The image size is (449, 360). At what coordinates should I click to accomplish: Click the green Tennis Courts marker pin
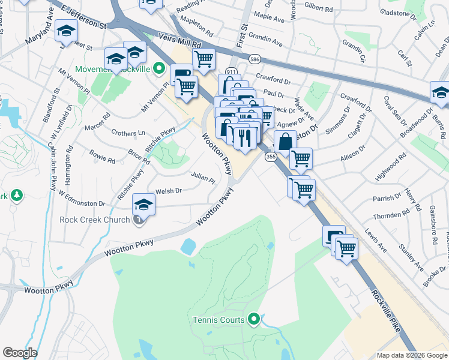pyautogui.click(x=253, y=319)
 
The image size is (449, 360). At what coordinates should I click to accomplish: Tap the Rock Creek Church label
pyautogui.click(x=94, y=220)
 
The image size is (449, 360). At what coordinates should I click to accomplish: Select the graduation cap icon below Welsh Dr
pyautogui.click(x=144, y=205)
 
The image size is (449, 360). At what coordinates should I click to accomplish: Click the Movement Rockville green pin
pyautogui.click(x=159, y=68)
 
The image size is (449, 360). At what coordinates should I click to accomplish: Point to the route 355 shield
pyautogui.click(x=271, y=157)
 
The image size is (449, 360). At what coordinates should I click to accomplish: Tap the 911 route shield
pyautogui.click(x=231, y=71)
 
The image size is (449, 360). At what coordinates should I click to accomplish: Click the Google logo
pyautogui.click(x=20, y=353)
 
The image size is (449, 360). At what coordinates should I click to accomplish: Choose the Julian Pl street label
pyautogui.click(x=203, y=178)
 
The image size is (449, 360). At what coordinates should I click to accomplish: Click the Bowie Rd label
pyautogui.click(x=102, y=158)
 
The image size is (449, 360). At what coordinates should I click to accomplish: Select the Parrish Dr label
pyautogui.click(x=386, y=198)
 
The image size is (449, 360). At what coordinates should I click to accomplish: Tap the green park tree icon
pyautogui.click(x=17, y=196)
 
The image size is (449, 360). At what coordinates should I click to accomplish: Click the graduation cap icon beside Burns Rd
pyautogui.click(x=440, y=94)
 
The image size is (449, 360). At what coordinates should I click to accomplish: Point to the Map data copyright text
pyautogui.click(x=412, y=355)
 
